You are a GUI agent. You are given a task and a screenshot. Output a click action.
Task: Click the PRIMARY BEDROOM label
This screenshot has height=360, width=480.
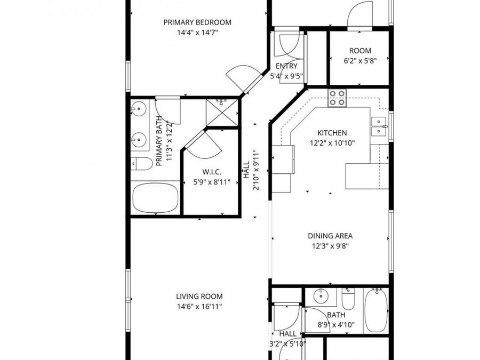[197, 22]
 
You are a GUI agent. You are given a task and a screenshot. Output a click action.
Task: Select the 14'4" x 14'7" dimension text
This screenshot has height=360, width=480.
[197, 33]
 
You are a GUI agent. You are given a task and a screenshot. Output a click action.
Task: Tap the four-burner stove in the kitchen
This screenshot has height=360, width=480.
[337, 98]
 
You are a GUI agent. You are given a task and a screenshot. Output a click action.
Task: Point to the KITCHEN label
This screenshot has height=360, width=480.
[332, 133]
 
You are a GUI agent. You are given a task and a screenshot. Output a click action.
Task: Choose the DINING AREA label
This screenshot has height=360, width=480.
[330, 236]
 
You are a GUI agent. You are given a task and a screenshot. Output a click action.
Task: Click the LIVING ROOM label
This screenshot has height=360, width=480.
[199, 297]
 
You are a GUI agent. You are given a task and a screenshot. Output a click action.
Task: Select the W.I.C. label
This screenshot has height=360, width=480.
[212, 172]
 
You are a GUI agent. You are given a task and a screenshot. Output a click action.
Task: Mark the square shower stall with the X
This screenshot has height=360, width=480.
[222, 112]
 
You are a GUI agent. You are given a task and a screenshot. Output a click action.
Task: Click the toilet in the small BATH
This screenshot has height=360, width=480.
[348, 300]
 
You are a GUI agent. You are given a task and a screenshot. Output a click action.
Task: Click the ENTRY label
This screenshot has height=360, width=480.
[286, 66]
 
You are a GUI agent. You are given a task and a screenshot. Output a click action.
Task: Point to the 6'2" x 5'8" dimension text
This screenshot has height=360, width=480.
[361, 61]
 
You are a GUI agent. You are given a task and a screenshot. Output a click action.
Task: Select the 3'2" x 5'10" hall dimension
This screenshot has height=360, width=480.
[287, 344]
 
